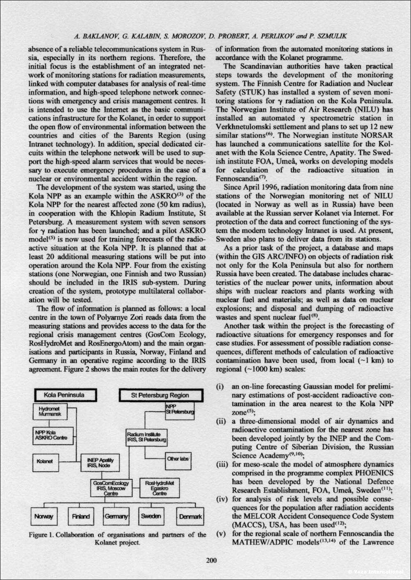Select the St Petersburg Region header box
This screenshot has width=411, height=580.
pos(160,395)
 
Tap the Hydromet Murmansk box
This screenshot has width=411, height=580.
pos(49,412)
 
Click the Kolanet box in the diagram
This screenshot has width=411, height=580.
pos(45,461)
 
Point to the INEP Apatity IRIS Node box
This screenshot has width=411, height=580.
pos(100,463)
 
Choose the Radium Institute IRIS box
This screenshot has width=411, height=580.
pos(146,437)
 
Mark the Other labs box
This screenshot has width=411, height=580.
pos(178,459)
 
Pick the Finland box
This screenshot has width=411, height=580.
pos(81,516)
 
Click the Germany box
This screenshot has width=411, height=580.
pos(116,516)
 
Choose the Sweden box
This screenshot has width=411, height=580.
pos(151,516)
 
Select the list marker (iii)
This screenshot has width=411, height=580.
pos(222,465)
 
